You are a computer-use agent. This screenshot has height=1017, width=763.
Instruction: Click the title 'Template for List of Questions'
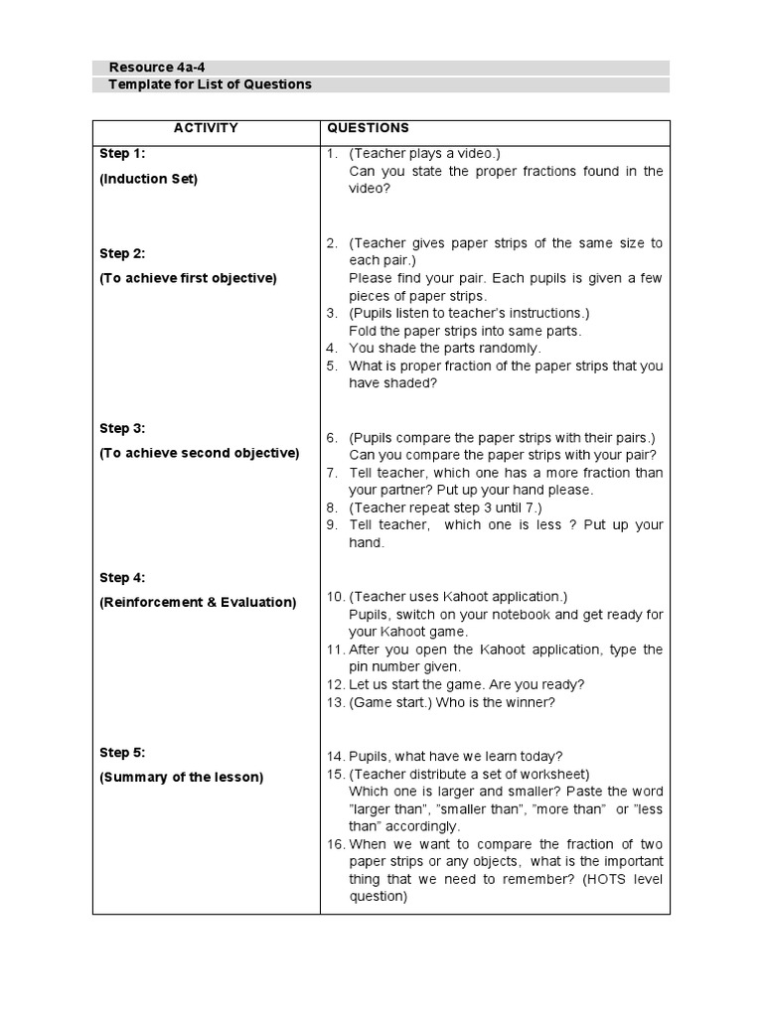210,84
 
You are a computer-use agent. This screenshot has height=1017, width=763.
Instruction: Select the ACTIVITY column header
206,128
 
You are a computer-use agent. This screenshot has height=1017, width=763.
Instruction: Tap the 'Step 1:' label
122,153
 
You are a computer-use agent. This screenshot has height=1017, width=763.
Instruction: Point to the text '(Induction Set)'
148,179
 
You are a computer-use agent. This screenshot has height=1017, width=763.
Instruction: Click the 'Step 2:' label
122,253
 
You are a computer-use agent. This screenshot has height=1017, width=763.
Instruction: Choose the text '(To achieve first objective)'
188,278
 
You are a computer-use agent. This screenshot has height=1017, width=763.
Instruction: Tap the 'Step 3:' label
122,428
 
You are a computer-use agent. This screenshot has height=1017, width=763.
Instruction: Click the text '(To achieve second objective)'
199,453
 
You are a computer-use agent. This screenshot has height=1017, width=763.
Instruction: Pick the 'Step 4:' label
122,577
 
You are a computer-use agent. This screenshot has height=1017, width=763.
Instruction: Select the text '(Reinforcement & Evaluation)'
198,602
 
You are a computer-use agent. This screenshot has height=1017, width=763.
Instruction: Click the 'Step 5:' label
122,752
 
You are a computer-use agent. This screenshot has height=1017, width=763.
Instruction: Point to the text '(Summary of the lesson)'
181,777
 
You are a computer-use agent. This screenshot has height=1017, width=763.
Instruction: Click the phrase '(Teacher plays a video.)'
424,153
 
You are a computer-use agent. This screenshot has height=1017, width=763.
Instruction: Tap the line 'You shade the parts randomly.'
444,348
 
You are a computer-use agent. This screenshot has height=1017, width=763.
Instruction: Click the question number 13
335,703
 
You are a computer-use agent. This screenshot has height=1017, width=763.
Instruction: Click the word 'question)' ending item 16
378,896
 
